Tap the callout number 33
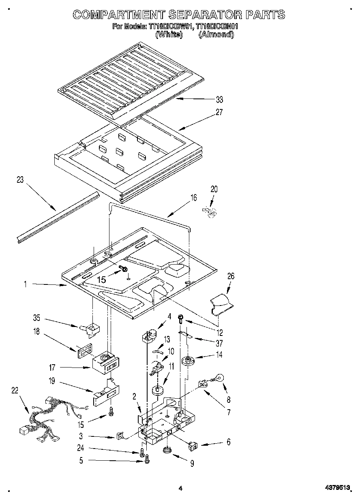(219, 100)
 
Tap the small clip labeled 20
(210, 212)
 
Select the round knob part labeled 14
(188, 361)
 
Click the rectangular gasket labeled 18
(84, 350)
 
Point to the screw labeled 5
(147, 459)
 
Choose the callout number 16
(194, 198)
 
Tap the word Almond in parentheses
(216, 35)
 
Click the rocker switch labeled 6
(193, 446)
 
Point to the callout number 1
(25, 285)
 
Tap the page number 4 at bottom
(180, 489)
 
